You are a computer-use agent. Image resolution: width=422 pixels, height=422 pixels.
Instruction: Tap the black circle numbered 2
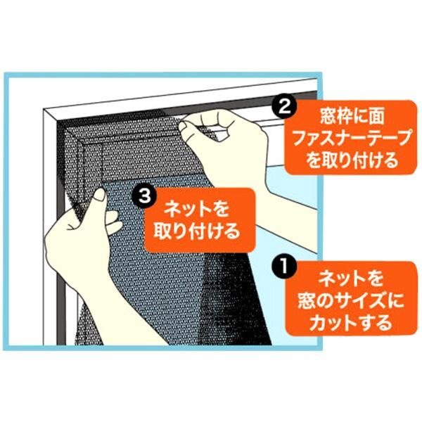(284, 108)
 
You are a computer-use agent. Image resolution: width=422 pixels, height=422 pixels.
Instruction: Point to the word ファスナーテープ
(352, 139)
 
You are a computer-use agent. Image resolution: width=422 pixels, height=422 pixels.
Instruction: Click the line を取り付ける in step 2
(352, 160)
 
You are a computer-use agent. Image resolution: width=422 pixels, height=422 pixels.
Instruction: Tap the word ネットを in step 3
(196, 210)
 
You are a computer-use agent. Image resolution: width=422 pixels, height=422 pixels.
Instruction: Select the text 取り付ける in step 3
(196, 231)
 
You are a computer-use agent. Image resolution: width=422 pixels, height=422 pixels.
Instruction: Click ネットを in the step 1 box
(351, 279)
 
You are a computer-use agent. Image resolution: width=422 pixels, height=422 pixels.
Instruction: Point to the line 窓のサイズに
(351, 300)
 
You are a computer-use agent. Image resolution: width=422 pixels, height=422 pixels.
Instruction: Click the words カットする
(351, 322)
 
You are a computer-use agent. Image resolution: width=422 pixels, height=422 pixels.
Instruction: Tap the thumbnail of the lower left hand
(100, 194)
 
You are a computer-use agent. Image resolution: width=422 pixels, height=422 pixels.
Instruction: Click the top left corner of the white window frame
(44, 109)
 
